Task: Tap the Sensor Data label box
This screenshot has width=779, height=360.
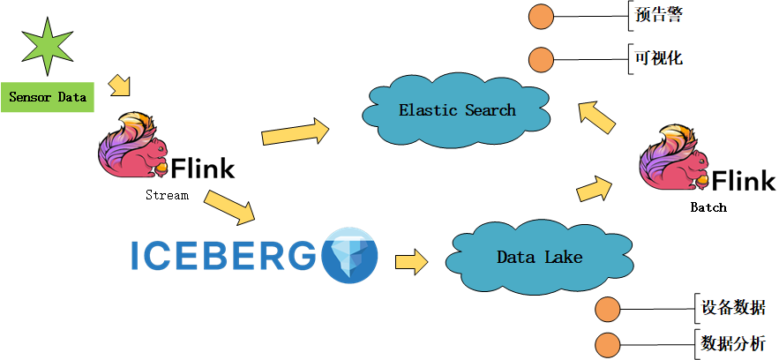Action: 48,97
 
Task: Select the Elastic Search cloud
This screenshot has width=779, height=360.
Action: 456,111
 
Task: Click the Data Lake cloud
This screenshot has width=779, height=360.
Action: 539,257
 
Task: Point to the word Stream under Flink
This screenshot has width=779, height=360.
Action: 167,195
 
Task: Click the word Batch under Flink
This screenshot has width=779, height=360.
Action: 708,207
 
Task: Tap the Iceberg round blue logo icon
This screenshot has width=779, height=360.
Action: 349,255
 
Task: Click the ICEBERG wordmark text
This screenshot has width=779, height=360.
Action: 223,255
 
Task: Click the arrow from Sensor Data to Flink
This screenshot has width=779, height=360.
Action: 119,85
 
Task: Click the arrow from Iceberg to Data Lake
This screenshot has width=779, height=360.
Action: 411,261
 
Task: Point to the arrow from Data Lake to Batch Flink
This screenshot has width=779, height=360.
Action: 595,188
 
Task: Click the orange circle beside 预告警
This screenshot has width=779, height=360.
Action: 540,16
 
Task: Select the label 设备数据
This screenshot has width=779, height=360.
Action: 733,308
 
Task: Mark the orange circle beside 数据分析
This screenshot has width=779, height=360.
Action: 608,345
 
